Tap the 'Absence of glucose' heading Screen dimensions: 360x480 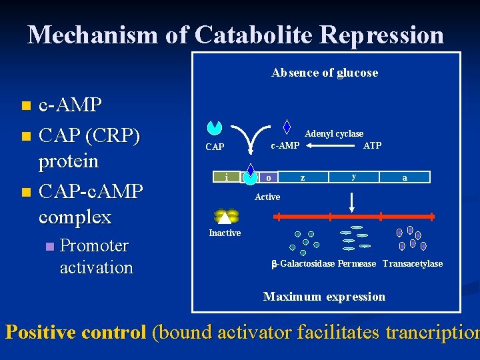pyautogui.click(x=325, y=73)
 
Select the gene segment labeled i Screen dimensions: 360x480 pyautogui.click(x=227, y=177)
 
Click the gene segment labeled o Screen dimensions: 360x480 pyautogui.click(x=268, y=177)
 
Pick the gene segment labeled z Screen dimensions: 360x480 pyautogui.click(x=303, y=177)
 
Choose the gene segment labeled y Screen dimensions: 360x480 pyautogui.click(x=354, y=177)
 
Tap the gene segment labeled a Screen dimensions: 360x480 pyautogui.click(x=404, y=177)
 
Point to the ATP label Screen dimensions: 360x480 pyautogui.click(x=372, y=145)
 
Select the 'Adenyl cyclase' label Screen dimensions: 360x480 pyautogui.click(x=334, y=134)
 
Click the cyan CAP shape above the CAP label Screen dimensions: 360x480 pyautogui.click(x=215, y=127)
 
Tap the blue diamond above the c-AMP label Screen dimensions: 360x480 pyautogui.click(x=287, y=127)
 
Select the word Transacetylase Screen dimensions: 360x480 pyautogui.click(x=413, y=264)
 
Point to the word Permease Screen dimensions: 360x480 pyautogui.click(x=357, y=264)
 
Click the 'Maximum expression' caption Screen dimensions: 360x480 pyautogui.click(x=324, y=297)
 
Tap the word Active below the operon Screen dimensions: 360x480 pyautogui.click(x=267, y=197)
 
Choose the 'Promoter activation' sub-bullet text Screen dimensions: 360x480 pyautogui.click(x=97, y=257)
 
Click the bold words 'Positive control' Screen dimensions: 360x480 pyautogui.click(x=75, y=332)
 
